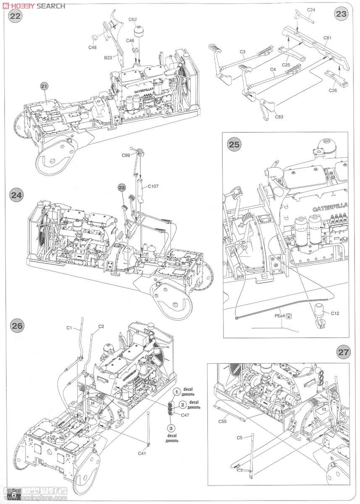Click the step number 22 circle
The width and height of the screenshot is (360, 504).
coord(16,16)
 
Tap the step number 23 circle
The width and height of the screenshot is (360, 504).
coord(342,13)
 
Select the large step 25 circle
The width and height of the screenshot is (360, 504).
coord(235,144)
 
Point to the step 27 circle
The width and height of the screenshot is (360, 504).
coord(344,352)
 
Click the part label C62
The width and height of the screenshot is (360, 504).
coord(133,19)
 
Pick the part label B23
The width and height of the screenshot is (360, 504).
coord(108,58)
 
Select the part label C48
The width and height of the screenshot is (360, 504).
coord(92,47)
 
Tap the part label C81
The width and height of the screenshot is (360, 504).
coord(328,38)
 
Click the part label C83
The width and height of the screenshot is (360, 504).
coord(279,117)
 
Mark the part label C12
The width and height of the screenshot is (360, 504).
coord(335,313)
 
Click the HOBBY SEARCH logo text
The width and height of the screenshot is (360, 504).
coord(33,5)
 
